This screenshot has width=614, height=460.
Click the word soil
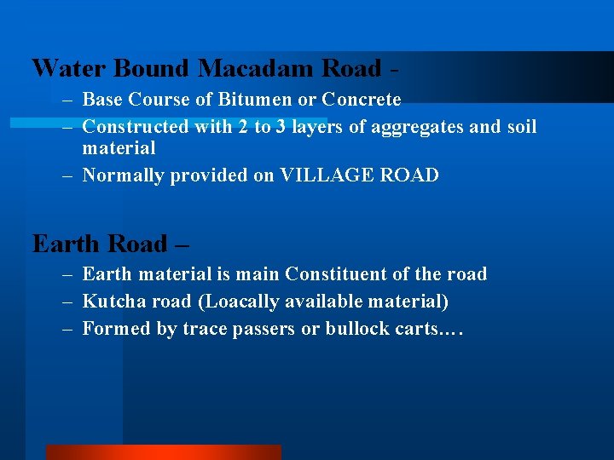[522, 127]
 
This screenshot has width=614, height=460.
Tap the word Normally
[123, 176]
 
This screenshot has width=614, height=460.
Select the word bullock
[356, 329]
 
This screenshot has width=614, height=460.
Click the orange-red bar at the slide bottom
[163, 451]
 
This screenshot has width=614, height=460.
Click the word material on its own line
[119, 149]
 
